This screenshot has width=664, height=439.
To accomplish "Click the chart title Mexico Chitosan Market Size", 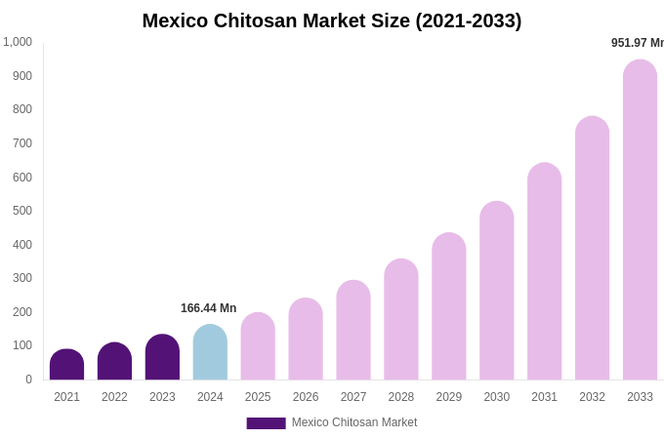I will (x=332, y=20).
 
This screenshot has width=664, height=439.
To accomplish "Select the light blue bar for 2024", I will (x=210, y=352).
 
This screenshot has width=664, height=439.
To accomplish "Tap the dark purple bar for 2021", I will (x=66, y=365).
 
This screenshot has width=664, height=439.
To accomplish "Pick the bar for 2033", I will (x=640, y=219).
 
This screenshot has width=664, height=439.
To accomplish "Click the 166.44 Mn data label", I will (x=208, y=308).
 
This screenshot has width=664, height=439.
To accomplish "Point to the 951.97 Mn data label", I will (x=637, y=43).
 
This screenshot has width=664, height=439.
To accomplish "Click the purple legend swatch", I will (x=266, y=423).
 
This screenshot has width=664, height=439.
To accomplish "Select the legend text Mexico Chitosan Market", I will (x=353, y=422).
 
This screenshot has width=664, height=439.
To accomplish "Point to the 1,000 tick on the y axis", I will (x=18, y=42).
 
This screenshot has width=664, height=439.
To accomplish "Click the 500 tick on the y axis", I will (x=21, y=211).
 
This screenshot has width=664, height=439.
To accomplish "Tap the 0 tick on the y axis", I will (x=28, y=379).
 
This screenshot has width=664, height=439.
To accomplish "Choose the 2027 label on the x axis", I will (x=353, y=397).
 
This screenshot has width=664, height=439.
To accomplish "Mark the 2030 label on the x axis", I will (x=496, y=397).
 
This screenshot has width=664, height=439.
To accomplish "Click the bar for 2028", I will (x=401, y=319).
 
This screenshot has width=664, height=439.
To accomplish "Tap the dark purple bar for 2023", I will (x=162, y=357).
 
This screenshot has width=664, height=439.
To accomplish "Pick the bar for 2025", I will (x=258, y=346).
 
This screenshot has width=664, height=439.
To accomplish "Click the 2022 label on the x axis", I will (x=114, y=397).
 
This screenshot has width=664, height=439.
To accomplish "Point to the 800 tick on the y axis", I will (x=21, y=109).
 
